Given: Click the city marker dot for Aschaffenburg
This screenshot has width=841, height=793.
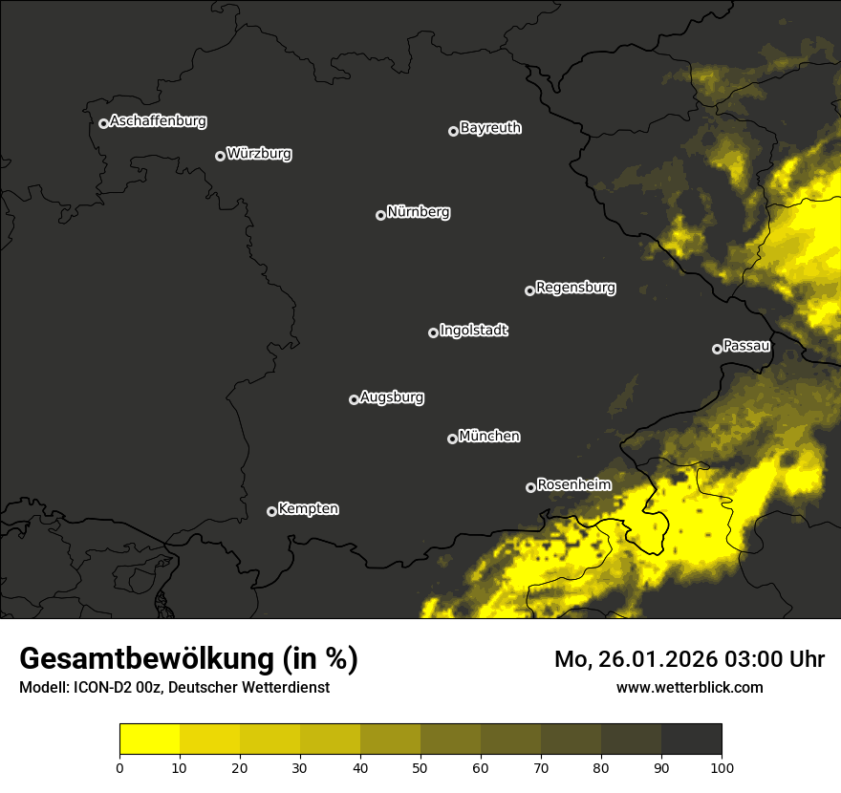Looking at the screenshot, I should pyautogui.click(x=103, y=123).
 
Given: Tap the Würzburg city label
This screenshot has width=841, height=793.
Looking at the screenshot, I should pyautogui.click(x=259, y=154).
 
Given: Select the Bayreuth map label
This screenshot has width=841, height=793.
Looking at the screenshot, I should pyautogui.click(x=490, y=128).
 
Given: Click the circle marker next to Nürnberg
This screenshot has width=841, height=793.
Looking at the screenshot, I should pyautogui.click(x=380, y=215).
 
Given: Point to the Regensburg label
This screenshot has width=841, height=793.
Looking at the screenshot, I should pyautogui.click(x=575, y=288).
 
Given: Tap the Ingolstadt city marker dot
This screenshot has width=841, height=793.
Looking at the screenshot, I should pyautogui.click(x=433, y=332).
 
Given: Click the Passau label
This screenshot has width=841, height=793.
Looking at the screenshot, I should pyautogui.click(x=746, y=346).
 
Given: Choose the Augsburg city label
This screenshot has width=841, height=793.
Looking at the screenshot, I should pyautogui.click(x=392, y=397).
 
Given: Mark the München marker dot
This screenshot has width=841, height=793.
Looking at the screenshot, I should pyautogui.click(x=452, y=439).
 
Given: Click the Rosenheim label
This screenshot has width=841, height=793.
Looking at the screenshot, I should pyautogui.click(x=573, y=485).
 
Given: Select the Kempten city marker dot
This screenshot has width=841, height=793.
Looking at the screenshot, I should pyautogui.click(x=271, y=511).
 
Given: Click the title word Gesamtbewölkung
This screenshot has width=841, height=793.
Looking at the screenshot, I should pyautogui.click(x=147, y=659).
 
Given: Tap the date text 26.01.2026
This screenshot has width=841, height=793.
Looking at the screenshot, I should pyautogui.click(x=659, y=659).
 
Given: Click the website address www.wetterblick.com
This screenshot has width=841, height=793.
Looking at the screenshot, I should pyautogui.click(x=689, y=687).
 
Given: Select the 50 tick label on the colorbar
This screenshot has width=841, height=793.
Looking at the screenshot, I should pyautogui.click(x=420, y=767).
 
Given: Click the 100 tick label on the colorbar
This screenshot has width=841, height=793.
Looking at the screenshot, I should pyautogui.click(x=722, y=767).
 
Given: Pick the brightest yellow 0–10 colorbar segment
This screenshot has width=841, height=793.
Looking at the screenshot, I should pyautogui.click(x=149, y=739).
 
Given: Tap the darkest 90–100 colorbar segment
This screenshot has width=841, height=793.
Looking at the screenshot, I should pyautogui.click(x=691, y=739).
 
